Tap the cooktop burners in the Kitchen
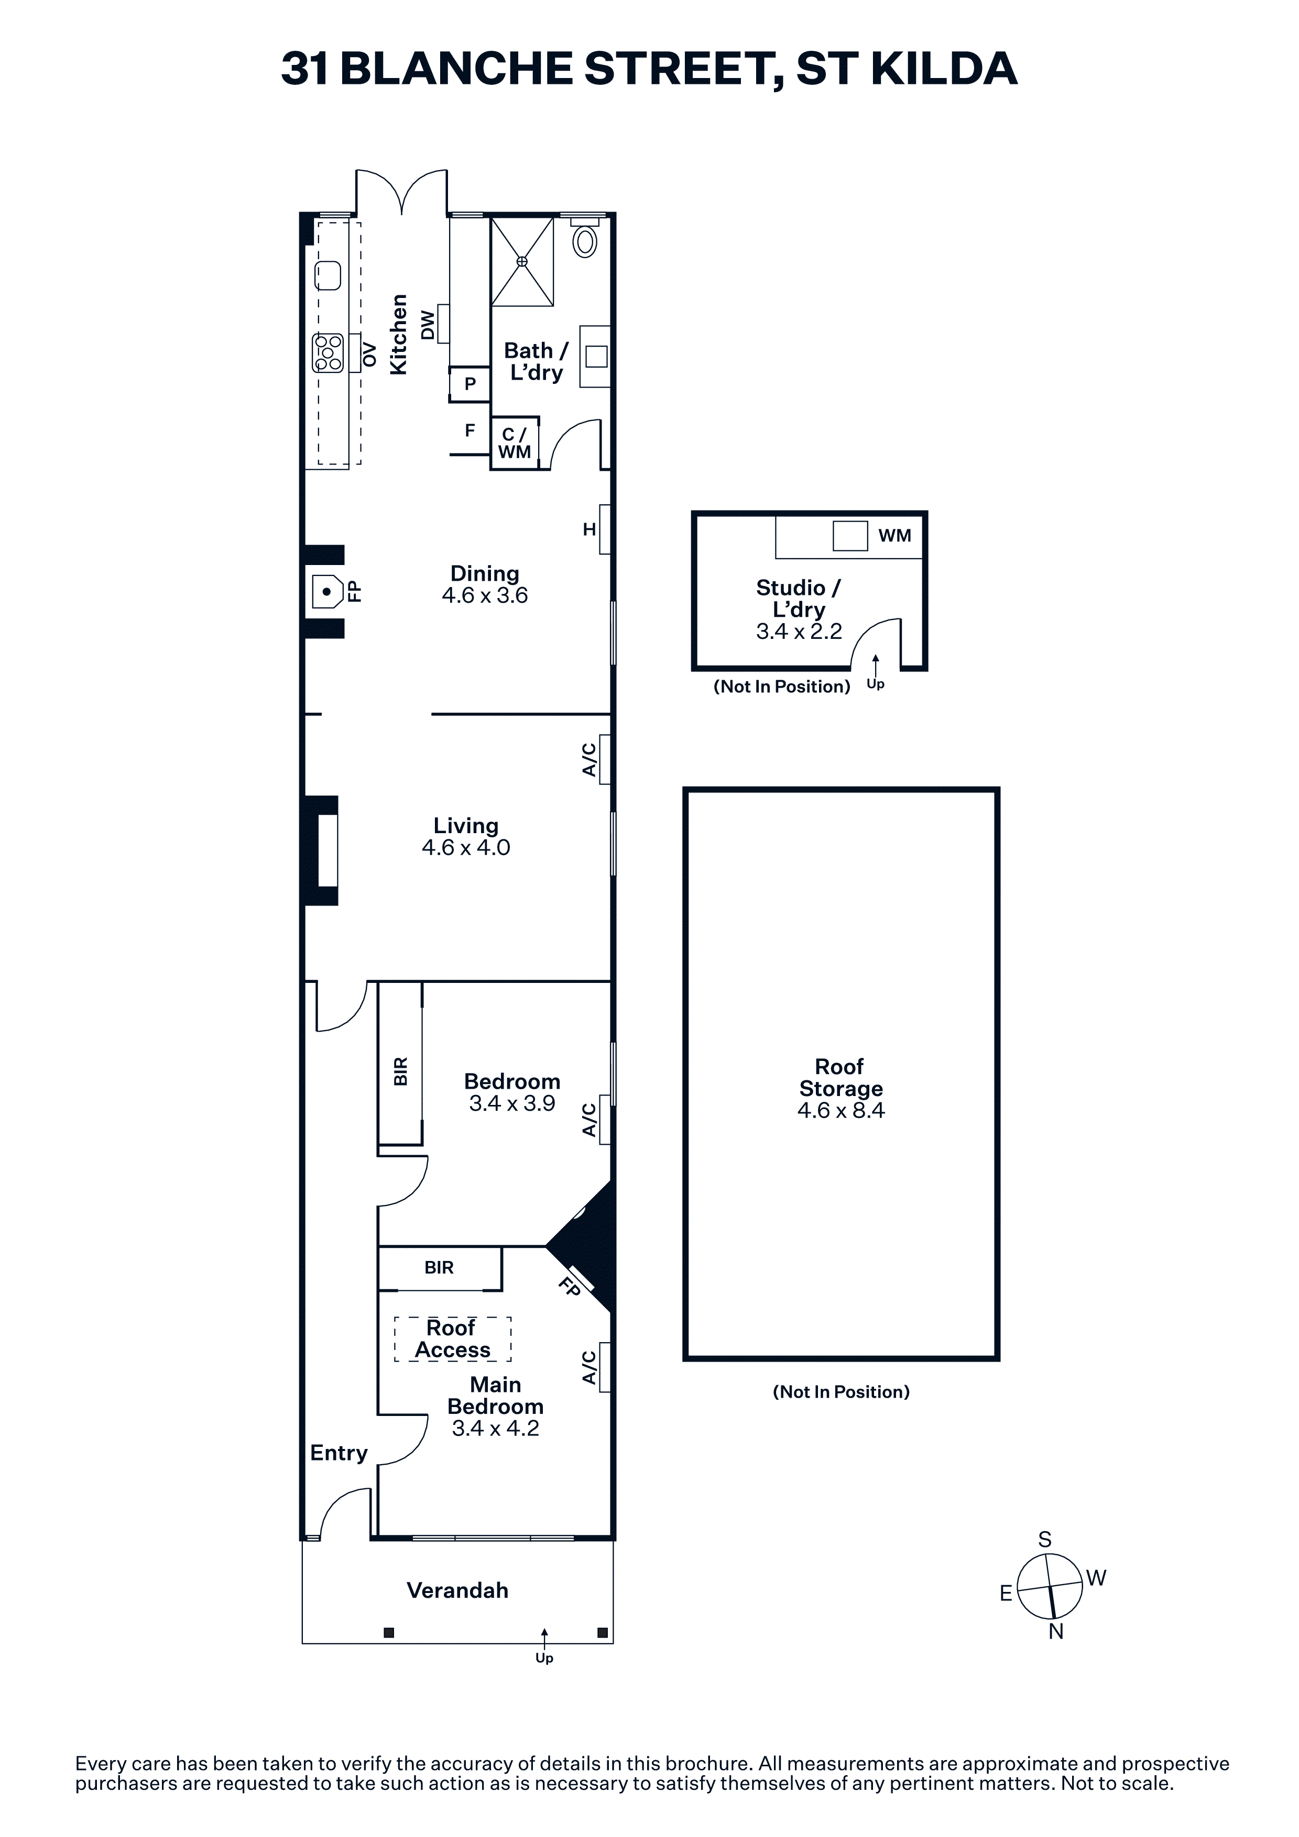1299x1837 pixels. pyautogui.click(x=328, y=353)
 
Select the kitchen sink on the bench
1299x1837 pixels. pyautogui.click(x=328, y=276)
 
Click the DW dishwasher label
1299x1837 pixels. pyautogui.click(x=428, y=325)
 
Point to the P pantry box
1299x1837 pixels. pyautogui.click(x=470, y=383)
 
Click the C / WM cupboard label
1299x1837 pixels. pyautogui.click(x=515, y=443)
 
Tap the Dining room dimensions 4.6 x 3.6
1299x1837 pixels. pyautogui.click(x=485, y=595)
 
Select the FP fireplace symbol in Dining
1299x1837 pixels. pyautogui.click(x=328, y=592)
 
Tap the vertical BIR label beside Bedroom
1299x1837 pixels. pyautogui.click(x=401, y=1071)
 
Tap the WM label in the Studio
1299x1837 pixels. pyautogui.click(x=895, y=535)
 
